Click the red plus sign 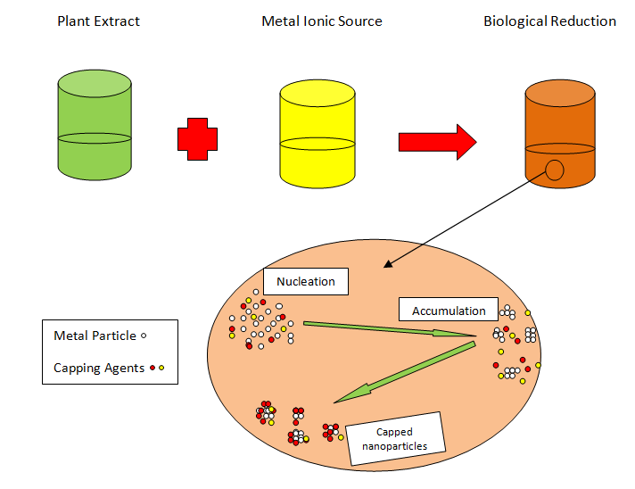pyautogui.click(x=197, y=139)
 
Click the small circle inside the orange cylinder pyautogui.click(x=555, y=170)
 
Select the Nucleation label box pyautogui.click(x=306, y=281)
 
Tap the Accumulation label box pyautogui.click(x=449, y=311)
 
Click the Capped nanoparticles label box pyautogui.click(x=394, y=438)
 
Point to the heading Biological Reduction pyautogui.click(x=549, y=21)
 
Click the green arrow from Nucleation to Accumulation pyautogui.click(x=389, y=329)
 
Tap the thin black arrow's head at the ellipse pyautogui.click(x=386, y=265)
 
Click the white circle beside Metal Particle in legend pyautogui.click(x=144, y=336)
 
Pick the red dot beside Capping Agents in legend pyautogui.click(x=153, y=368)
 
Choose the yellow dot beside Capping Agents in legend pyautogui.click(x=162, y=368)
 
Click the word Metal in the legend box pyautogui.click(x=71, y=336)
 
